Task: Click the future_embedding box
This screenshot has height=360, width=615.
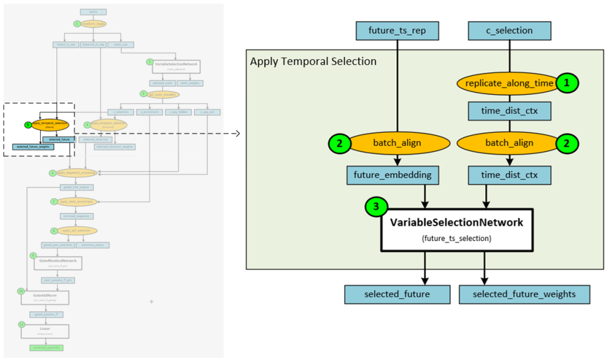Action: click(x=393, y=175)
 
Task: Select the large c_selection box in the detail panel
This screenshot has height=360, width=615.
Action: click(x=509, y=30)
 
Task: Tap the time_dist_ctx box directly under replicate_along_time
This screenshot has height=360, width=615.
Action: click(x=509, y=111)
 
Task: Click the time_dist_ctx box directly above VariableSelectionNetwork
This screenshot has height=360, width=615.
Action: click(x=509, y=175)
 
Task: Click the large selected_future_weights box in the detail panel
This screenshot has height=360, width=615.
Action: click(x=524, y=294)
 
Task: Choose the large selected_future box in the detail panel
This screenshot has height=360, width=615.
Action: click(x=397, y=294)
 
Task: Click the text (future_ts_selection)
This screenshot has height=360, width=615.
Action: click(x=456, y=239)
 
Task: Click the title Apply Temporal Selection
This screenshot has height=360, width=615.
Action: click(x=313, y=61)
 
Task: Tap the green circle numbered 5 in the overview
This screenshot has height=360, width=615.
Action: click(x=27, y=125)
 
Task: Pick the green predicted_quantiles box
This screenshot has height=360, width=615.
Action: click(x=47, y=347)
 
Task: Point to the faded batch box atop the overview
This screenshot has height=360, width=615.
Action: click(x=93, y=11)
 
